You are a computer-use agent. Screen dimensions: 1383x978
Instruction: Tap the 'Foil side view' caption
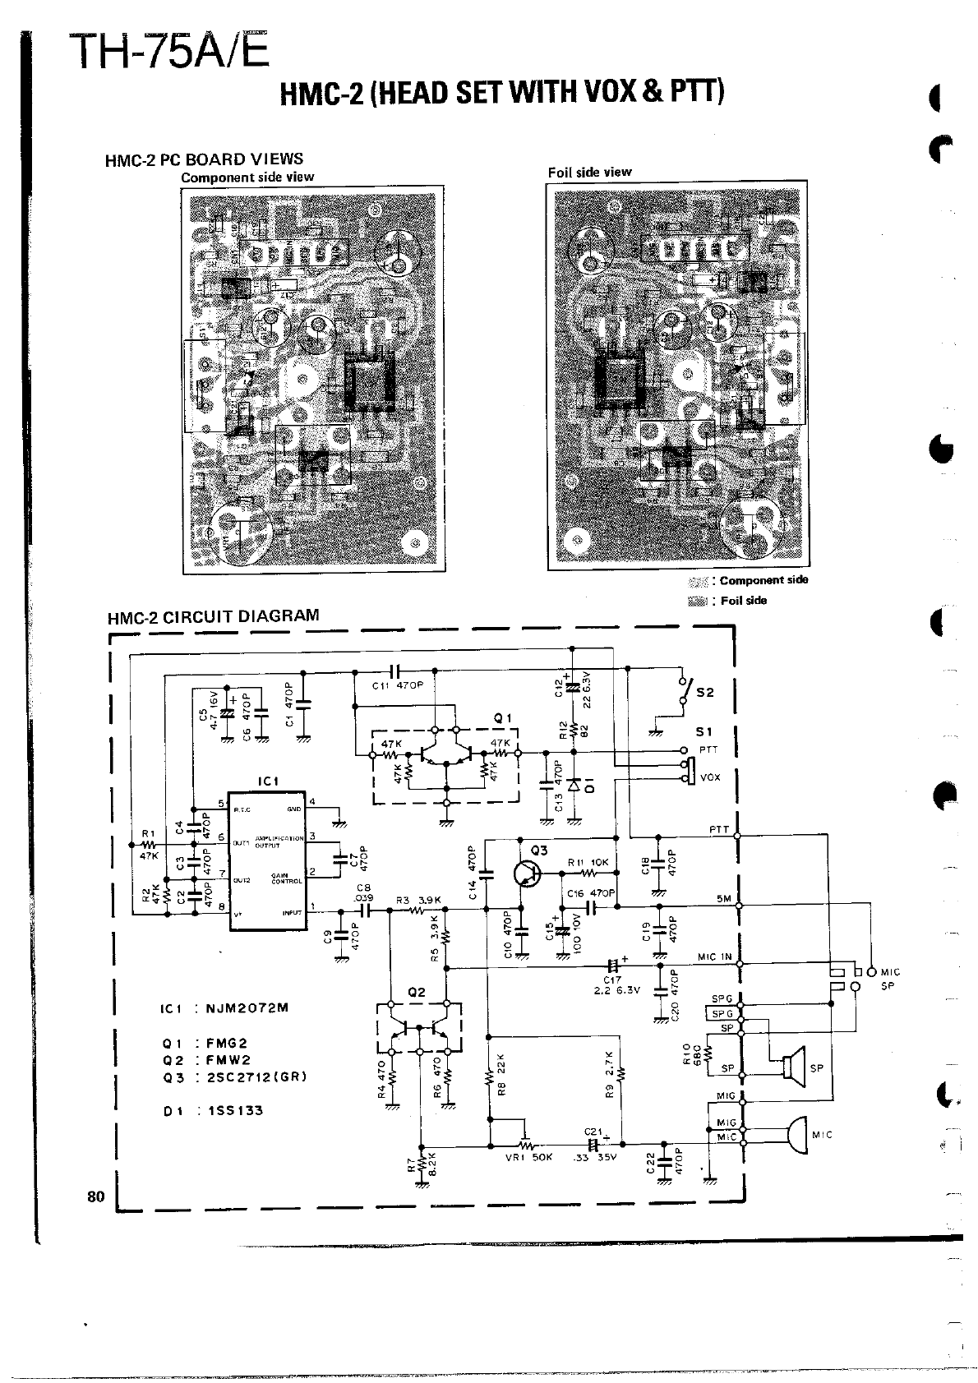589,172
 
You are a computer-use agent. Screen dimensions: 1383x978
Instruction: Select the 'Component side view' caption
247,177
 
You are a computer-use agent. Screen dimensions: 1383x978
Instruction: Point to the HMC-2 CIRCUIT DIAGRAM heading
213,616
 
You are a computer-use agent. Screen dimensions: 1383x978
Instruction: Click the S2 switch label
704,692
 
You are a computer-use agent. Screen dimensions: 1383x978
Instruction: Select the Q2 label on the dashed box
417,992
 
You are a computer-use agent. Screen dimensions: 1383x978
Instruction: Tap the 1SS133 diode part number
235,1110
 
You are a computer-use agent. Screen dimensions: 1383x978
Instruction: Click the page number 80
95,1196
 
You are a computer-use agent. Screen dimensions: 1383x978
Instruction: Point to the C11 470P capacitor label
396,685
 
